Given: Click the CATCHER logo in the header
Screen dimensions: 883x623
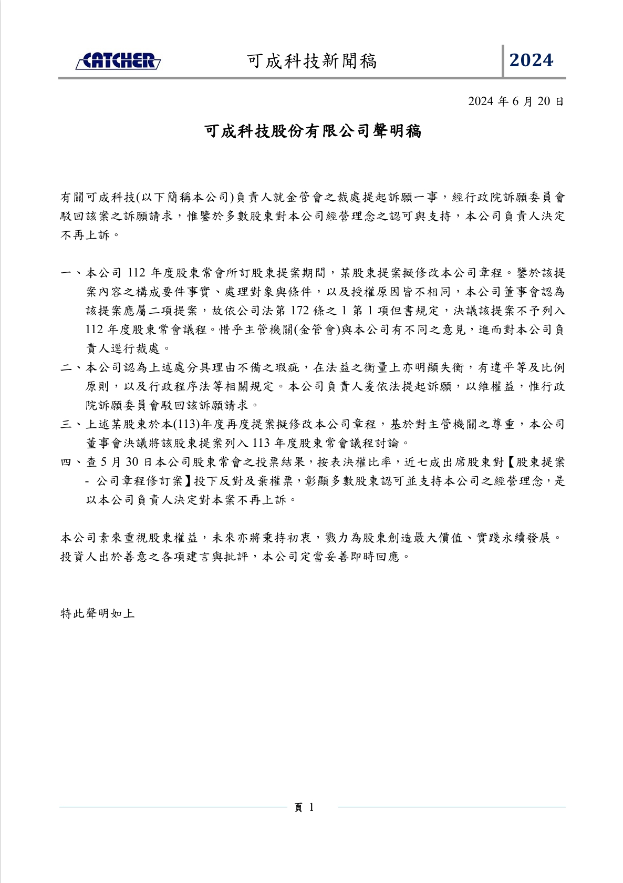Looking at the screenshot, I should pos(118,61).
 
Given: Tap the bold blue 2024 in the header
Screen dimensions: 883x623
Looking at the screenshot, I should pos(531,61).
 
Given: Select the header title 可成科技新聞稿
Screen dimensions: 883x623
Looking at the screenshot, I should pos(311,61).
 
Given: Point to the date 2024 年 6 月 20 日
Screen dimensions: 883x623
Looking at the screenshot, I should pos(516,101).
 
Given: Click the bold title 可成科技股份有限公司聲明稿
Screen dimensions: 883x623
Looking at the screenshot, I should pos(312,131).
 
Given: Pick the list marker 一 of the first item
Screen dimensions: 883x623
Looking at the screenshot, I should pos(66,273).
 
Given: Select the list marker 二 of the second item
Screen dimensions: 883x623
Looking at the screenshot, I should pos(66,368).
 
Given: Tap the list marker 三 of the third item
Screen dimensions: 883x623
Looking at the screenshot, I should pos(66,425).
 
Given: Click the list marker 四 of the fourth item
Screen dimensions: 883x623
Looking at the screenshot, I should pos(66,463).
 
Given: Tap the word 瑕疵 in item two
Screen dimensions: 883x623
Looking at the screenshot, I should pos(288,368).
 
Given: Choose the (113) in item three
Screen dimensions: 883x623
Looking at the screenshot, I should pos(184,425).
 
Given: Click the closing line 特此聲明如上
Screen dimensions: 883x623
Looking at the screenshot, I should pos(98,613).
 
